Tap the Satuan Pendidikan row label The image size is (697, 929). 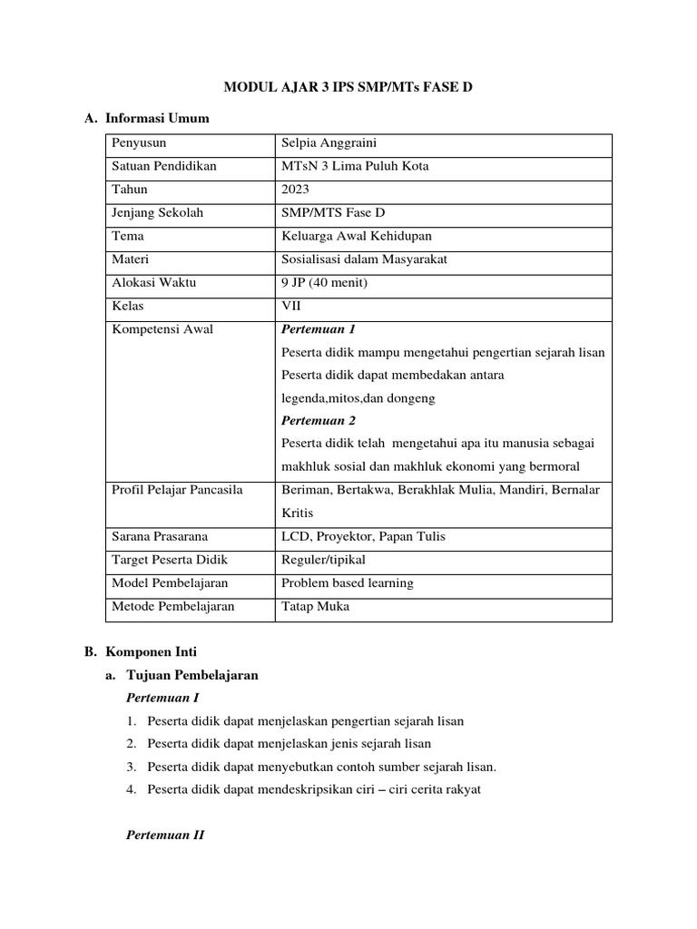coord(164,166)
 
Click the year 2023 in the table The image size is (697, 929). coord(296,190)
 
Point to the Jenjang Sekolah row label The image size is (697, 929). coord(158,213)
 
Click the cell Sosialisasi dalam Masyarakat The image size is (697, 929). coord(365,259)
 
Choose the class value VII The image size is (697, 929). coord(291,306)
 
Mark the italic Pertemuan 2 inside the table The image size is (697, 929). coord(319,421)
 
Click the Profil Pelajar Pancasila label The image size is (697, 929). coord(177,490)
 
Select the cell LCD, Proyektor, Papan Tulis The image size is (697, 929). coord(363,536)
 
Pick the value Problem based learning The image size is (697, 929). coord(347,583)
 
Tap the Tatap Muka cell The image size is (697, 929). coord(315,606)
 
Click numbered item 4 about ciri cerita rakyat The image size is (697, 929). coord(313,789)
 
